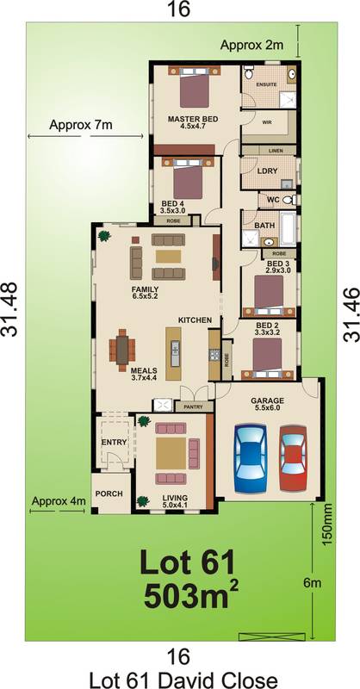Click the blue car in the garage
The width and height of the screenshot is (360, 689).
(251, 458)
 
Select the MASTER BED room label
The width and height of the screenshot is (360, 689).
(193, 119)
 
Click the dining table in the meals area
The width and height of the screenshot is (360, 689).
(122, 350)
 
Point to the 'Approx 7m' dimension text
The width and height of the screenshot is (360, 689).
(80, 125)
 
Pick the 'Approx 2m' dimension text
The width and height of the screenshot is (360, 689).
(251, 45)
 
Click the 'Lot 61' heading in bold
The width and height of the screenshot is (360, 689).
(187, 563)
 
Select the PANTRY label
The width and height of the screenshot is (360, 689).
(194, 407)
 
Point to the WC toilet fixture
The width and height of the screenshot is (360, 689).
(289, 200)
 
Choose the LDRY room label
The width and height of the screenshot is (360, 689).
(267, 171)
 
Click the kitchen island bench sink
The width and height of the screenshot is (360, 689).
(176, 353)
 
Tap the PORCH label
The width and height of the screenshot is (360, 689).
(109, 493)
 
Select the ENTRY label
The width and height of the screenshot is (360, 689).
(114, 442)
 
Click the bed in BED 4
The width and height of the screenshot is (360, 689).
(188, 180)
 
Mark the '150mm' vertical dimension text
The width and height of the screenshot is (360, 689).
(328, 525)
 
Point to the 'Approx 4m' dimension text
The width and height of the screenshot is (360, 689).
(59, 501)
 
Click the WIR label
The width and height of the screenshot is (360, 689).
(267, 122)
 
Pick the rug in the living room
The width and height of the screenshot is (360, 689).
(171, 453)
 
